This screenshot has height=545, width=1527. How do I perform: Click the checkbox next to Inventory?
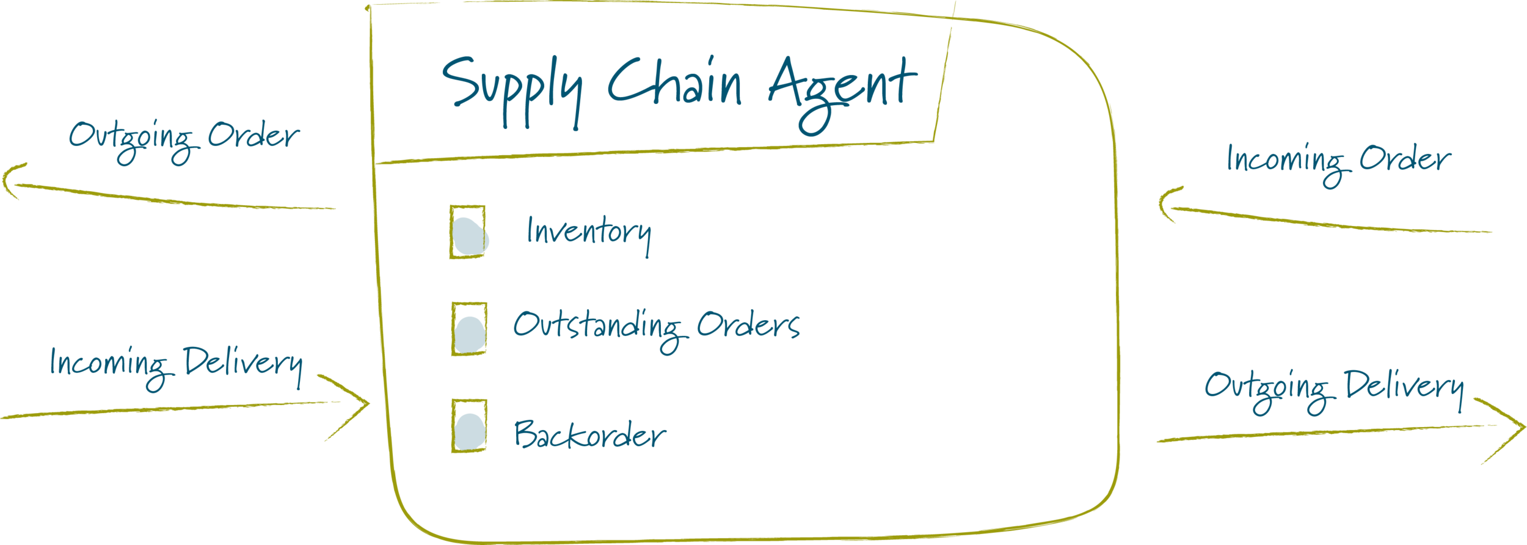pos(468,233)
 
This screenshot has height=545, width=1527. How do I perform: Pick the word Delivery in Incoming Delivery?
pos(242,364)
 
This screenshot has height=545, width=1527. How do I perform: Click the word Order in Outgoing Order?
pos(253,136)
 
